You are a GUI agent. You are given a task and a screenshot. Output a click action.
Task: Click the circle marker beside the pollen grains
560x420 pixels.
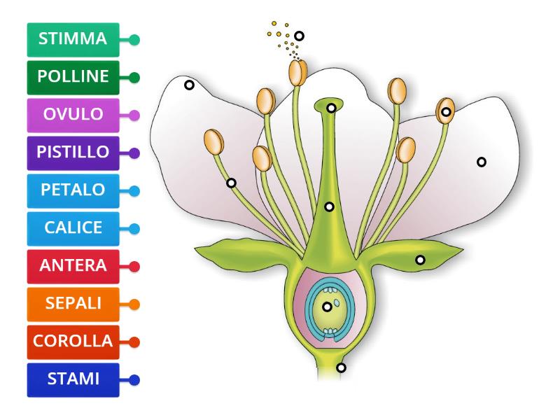click(300, 36)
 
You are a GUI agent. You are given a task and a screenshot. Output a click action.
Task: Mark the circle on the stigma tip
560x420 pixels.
click(331, 108)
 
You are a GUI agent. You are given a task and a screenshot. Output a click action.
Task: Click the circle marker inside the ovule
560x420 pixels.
click(327, 307)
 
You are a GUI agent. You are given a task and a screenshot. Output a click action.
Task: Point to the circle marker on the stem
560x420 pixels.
click(341, 367)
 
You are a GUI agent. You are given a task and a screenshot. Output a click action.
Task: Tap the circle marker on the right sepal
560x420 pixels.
click(420, 260)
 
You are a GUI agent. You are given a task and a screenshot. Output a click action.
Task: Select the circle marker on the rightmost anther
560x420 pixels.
click(446, 112)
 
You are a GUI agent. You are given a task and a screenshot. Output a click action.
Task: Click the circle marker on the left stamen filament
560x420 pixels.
click(231, 183)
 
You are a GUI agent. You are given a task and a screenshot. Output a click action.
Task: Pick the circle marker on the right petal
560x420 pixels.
click(481, 162)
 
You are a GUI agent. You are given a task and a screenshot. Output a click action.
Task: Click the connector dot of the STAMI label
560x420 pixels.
click(134, 380)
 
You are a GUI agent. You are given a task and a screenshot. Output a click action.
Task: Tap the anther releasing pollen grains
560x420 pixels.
click(298, 71)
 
